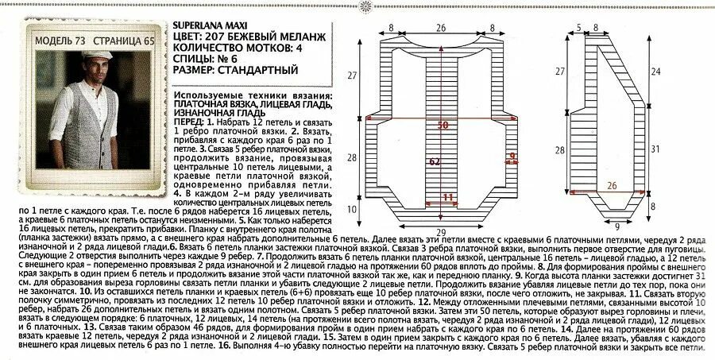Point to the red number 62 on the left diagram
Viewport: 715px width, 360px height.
(436, 161)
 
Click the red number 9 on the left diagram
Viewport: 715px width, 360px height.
(512, 155)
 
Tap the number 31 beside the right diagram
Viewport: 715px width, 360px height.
(676, 149)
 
